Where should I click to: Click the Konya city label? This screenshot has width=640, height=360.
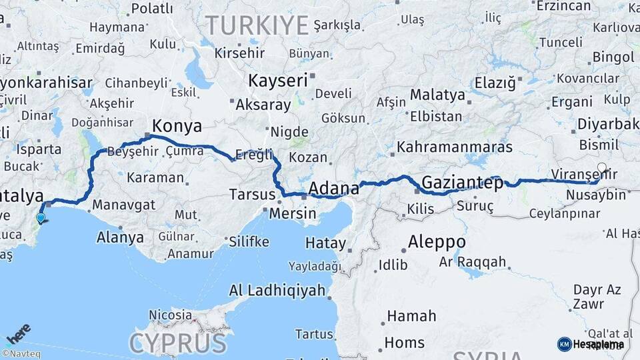click(177, 126)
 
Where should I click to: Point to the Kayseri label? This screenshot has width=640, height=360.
click(278, 81)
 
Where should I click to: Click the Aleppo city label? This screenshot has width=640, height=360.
click(437, 241)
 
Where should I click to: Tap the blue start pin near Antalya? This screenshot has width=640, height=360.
click(41, 217)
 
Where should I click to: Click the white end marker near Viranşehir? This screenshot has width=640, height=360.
click(602, 168)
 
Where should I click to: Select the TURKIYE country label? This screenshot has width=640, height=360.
click(257, 25)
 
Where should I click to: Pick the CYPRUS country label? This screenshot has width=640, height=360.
click(178, 343)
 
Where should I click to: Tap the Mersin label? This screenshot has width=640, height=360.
click(293, 214)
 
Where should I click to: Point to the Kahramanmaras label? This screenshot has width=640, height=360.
click(455, 147)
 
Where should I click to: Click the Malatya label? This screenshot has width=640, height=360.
click(437, 95)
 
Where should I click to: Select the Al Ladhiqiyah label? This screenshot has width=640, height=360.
click(277, 290)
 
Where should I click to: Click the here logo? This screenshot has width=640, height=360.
click(18, 332)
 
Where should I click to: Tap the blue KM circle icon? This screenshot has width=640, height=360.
click(564, 344)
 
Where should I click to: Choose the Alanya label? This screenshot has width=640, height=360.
click(120, 237)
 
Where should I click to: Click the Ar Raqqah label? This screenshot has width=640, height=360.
click(473, 262)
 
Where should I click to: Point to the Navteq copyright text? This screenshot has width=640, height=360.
click(21, 354)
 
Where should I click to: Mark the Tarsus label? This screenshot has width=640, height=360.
click(252, 195)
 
